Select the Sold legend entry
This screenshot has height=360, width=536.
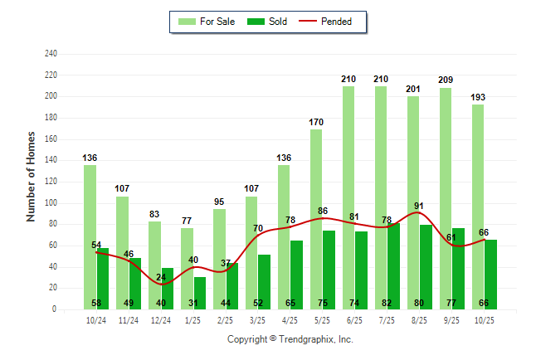tap(268, 22)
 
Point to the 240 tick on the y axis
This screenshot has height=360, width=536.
tap(51, 54)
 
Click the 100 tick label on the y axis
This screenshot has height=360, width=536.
tap(51, 203)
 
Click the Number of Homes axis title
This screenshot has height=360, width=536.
tap(32, 176)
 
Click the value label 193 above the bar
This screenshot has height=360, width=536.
tap(478, 98)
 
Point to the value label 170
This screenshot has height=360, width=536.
tap(316, 122)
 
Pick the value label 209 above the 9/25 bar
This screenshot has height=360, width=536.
tap(446, 80)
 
